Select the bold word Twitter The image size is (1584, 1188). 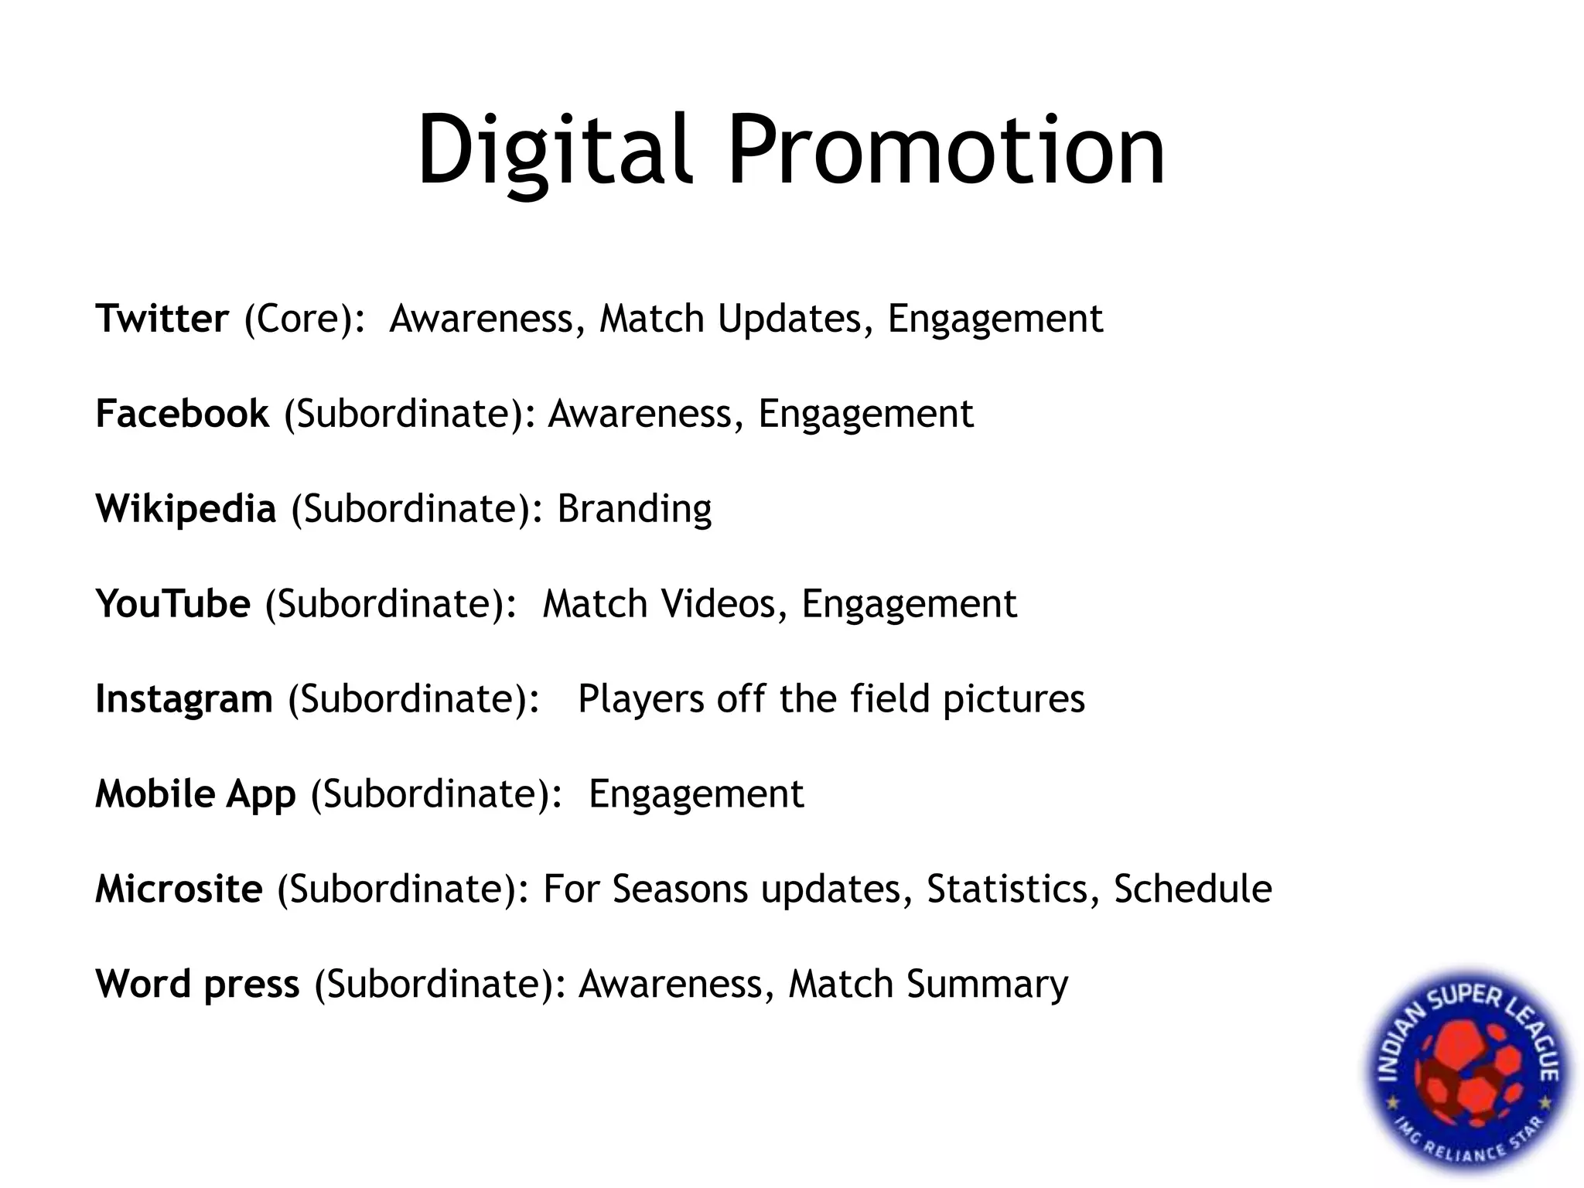coord(162,319)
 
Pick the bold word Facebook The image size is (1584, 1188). coord(182,414)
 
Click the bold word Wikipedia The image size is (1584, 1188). coord(186,509)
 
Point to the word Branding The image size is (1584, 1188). coord(634,509)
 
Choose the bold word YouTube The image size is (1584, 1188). coord(172,604)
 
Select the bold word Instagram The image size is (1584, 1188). coord(183,699)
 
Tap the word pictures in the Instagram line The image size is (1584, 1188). coord(1013,699)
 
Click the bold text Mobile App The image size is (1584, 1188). coord(195,794)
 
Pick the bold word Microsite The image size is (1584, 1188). coord(179,889)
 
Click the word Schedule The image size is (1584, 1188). coord(1193,889)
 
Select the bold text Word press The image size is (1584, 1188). coord(197,985)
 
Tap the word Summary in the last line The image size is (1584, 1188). coord(987,985)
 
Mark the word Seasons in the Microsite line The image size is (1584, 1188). coord(681,889)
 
